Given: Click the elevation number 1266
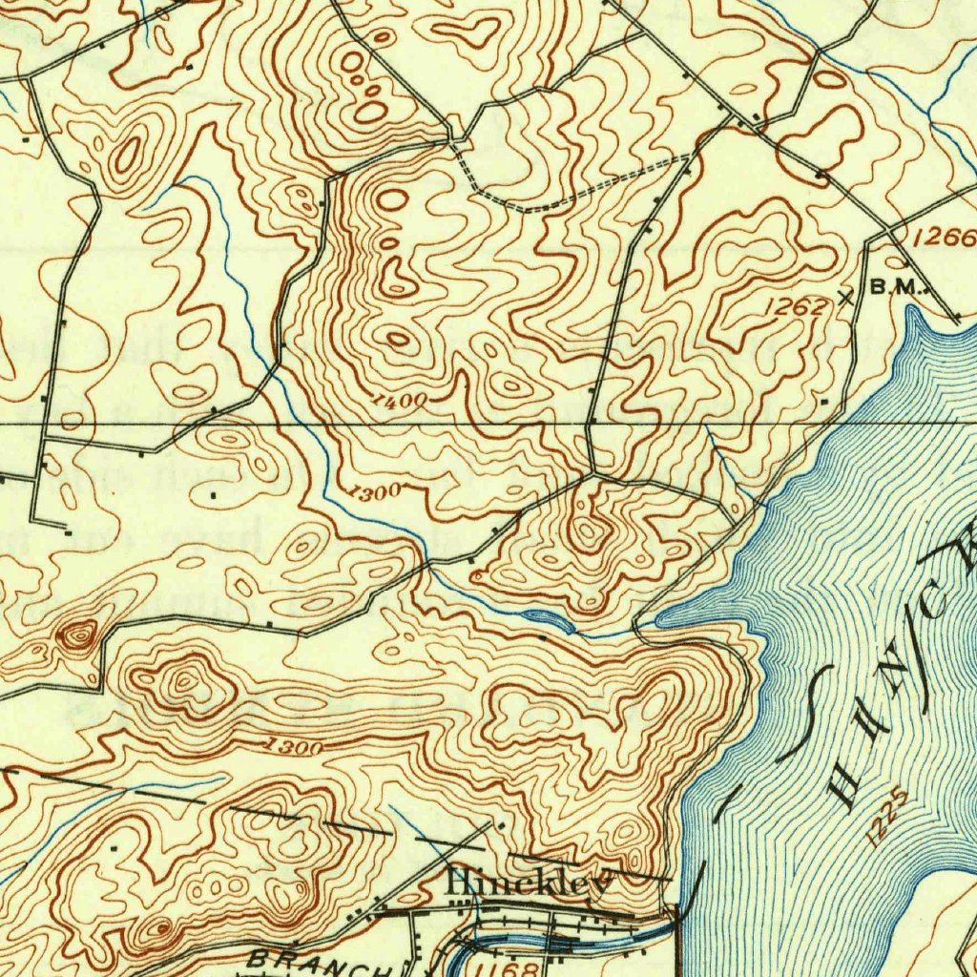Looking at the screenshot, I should point(945,238).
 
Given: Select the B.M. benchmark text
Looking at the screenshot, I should point(897,287).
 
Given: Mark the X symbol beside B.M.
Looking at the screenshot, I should point(845,297).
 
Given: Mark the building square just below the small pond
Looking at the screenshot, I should point(543,636).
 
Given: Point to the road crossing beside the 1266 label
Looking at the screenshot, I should point(889,233).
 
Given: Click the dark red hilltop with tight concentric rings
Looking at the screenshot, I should point(79,634).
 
